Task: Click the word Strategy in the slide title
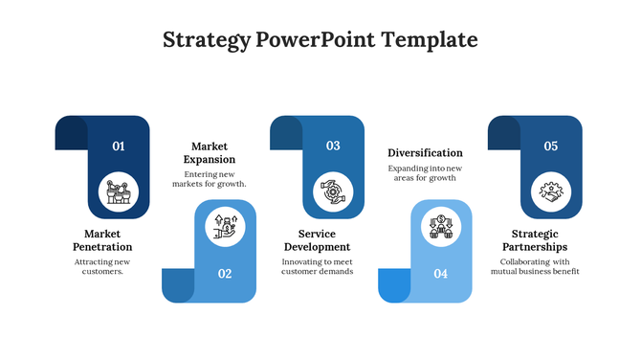(207, 40)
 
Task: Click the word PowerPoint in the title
(317, 40)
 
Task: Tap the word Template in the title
(430, 40)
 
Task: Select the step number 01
(119, 146)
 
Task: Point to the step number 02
(225, 274)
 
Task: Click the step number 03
(333, 146)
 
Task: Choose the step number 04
(441, 274)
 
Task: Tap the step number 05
(551, 146)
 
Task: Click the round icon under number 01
(119, 191)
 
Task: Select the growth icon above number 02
(226, 226)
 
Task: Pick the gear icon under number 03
(333, 191)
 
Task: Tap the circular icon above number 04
(441, 226)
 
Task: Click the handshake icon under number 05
(551, 191)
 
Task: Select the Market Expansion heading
(213, 152)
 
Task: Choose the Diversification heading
(425, 152)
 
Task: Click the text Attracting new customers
(102, 266)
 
